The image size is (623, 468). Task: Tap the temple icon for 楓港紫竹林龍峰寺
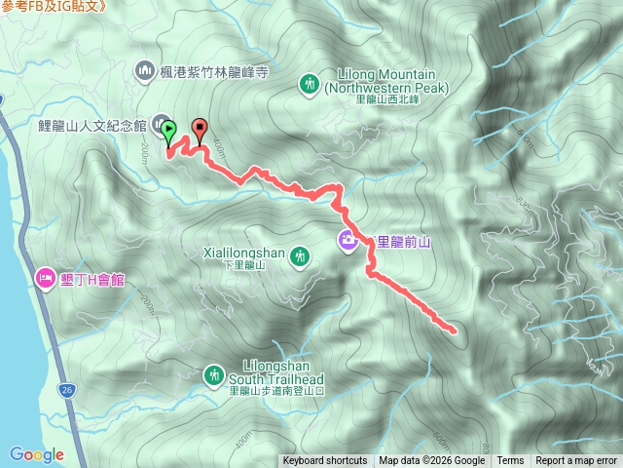click(145, 70)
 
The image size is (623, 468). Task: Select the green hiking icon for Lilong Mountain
click(310, 84)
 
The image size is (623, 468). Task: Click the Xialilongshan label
click(244, 253)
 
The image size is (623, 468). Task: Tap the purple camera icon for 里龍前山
click(348, 241)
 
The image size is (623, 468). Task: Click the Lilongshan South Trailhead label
click(276, 374)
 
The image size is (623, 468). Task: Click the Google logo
click(36, 453)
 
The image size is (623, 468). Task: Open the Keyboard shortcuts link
click(324, 461)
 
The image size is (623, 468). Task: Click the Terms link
click(510, 461)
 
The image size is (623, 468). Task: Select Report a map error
click(576, 461)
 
